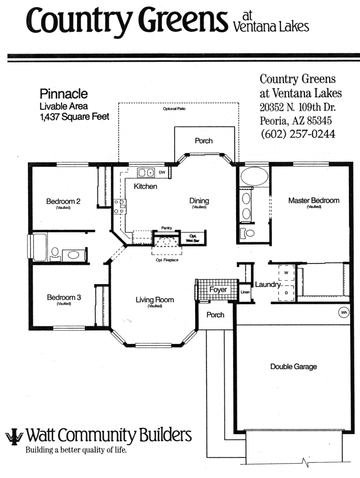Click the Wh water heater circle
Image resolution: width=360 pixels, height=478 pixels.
[x=344, y=313]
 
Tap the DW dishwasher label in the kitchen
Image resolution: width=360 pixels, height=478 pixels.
[x=162, y=172]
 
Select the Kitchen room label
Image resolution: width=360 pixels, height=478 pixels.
[x=146, y=186]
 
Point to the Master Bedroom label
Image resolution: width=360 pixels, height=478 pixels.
[x=314, y=200]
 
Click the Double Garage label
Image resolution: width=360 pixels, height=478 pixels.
[x=294, y=367]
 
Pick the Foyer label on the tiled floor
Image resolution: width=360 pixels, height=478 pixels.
[x=218, y=289]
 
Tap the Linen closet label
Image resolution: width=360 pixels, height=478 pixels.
[x=245, y=292]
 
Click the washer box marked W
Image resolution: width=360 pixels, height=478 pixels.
[x=286, y=273]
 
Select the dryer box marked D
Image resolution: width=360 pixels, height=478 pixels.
[x=286, y=293]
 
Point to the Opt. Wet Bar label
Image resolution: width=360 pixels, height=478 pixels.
[x=193, y=238]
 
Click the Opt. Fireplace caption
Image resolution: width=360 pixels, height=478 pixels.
[x=167, y=260]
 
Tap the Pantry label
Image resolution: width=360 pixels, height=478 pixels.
[x=166, y=228]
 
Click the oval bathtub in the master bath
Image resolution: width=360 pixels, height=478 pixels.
[x=254, y=176]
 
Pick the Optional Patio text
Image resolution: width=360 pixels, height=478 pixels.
[x=174, y=108]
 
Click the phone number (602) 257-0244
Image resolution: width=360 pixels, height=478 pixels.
[x=298, y=134]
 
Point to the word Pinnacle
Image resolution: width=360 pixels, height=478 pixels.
[x=64, y=94]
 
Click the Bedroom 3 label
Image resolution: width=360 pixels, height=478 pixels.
[x=64, y=297]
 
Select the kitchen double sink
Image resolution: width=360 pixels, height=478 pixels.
[x=146, y=173]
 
